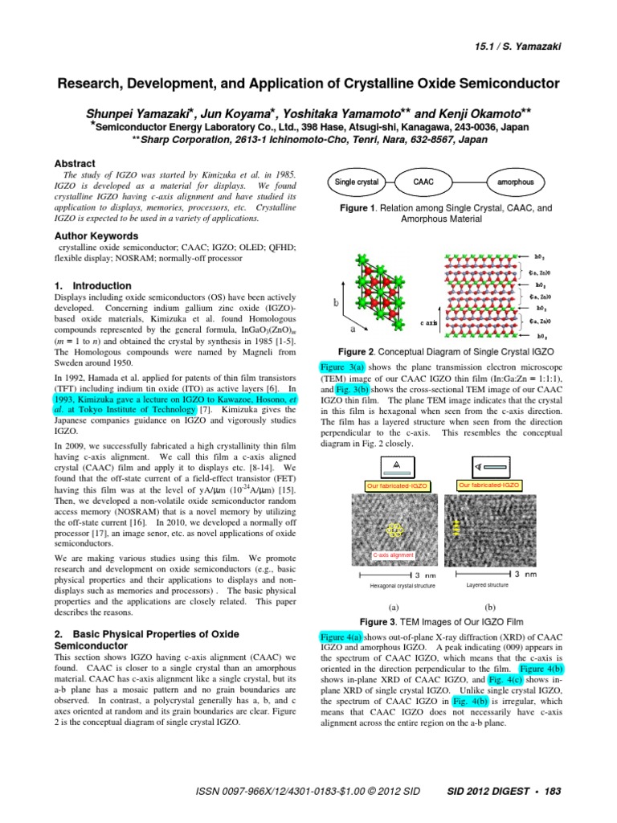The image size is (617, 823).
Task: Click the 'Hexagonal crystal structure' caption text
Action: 402,586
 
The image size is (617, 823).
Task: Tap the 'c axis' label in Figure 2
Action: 429,322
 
